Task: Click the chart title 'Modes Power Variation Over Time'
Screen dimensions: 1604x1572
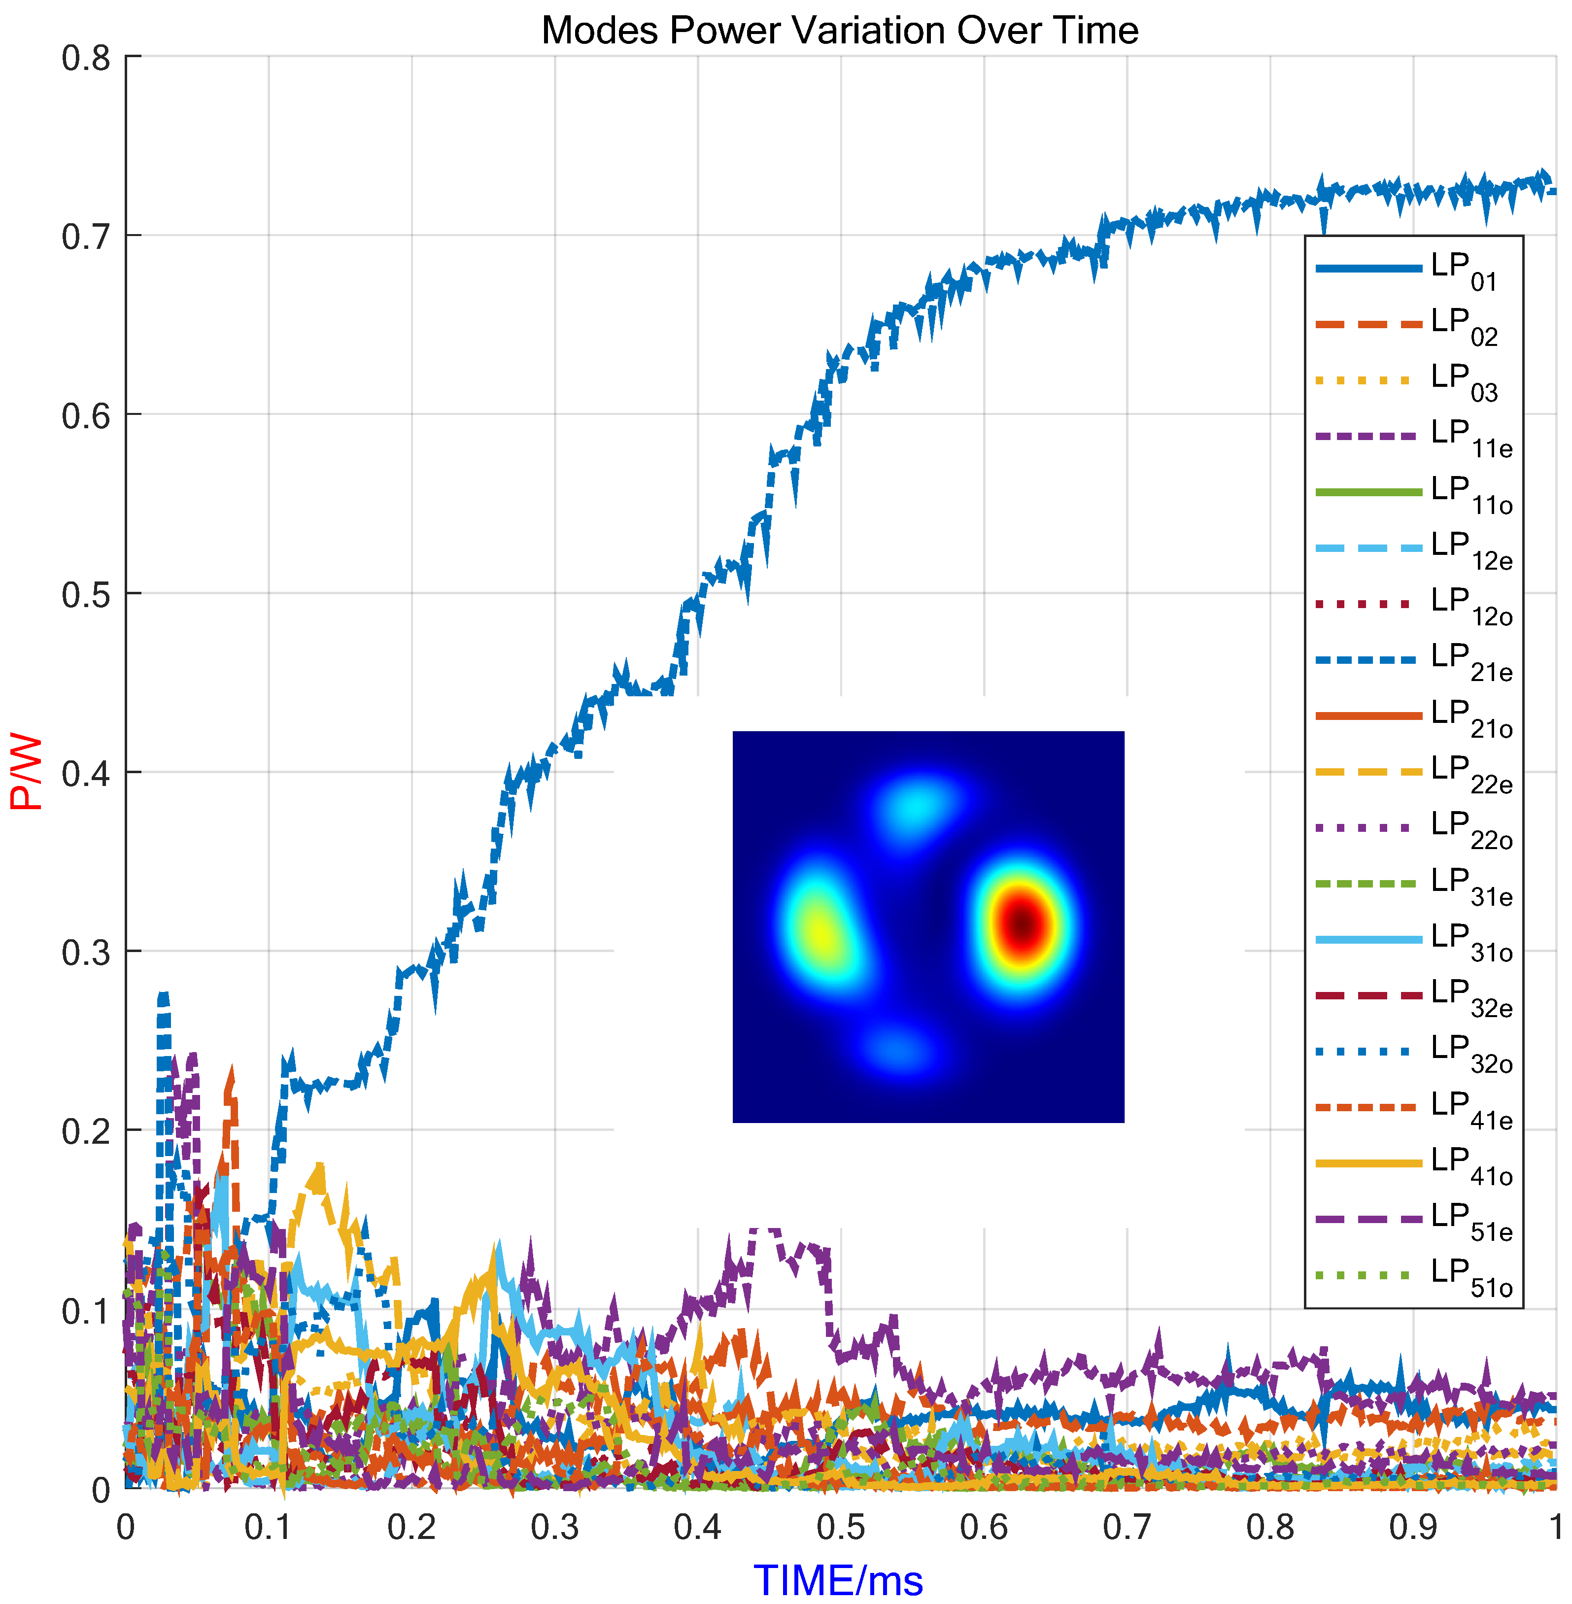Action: tap(840, 31)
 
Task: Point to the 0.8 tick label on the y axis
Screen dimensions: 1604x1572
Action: tap(86, 58)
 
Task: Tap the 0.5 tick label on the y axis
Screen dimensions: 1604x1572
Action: tap(86, 594)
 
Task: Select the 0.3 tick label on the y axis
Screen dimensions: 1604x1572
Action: tap(86, 953)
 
